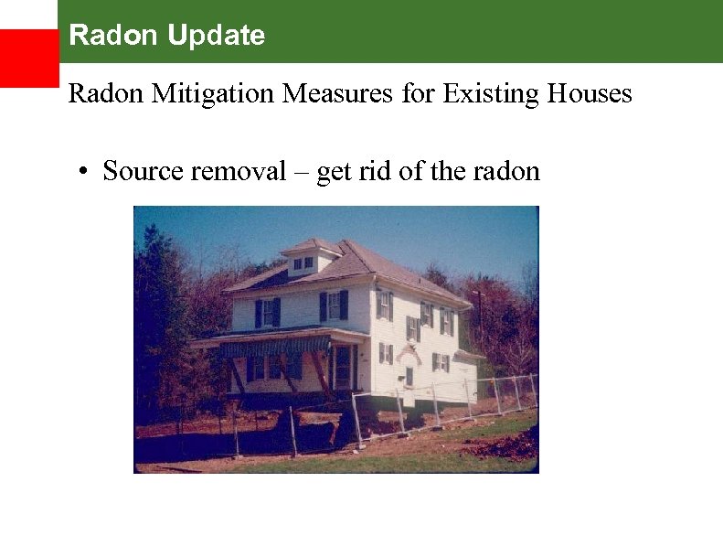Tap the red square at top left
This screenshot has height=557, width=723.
tap(28, 58)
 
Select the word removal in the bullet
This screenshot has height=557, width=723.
tap(239, 171)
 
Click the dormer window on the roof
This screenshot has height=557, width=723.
tap(303, 262)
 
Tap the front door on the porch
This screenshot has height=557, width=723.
tap(343, 366)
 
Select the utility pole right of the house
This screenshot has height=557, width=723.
tap(479, 320)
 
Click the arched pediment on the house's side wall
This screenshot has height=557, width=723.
tap(408, 351)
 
